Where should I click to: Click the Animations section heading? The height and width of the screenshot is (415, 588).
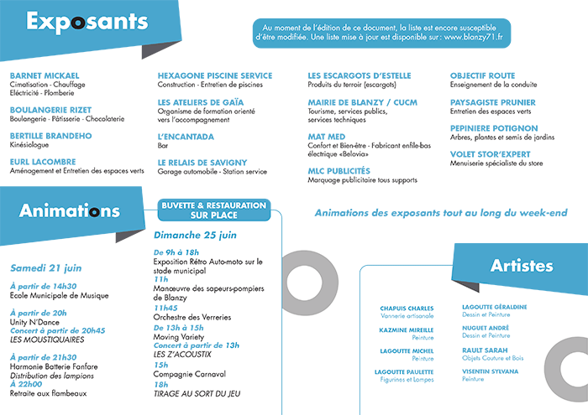[69, 210]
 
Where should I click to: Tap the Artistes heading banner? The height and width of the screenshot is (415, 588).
[522, 267]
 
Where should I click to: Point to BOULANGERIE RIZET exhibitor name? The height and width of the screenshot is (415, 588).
[50, 110]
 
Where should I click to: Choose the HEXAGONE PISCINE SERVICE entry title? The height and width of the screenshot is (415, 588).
[214, 75]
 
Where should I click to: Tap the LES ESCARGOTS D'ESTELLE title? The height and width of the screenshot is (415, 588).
[360, 75]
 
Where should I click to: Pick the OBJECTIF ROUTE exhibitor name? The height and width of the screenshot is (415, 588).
[483, 75]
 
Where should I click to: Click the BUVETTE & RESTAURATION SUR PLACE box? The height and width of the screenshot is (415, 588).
[213, 210]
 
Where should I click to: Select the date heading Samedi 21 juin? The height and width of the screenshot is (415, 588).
[46, 268]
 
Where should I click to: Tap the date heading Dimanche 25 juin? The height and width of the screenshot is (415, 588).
[195, 235]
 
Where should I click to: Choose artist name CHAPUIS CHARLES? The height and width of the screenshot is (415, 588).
[407, 308]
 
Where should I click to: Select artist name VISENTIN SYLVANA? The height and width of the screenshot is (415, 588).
[491, 371]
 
